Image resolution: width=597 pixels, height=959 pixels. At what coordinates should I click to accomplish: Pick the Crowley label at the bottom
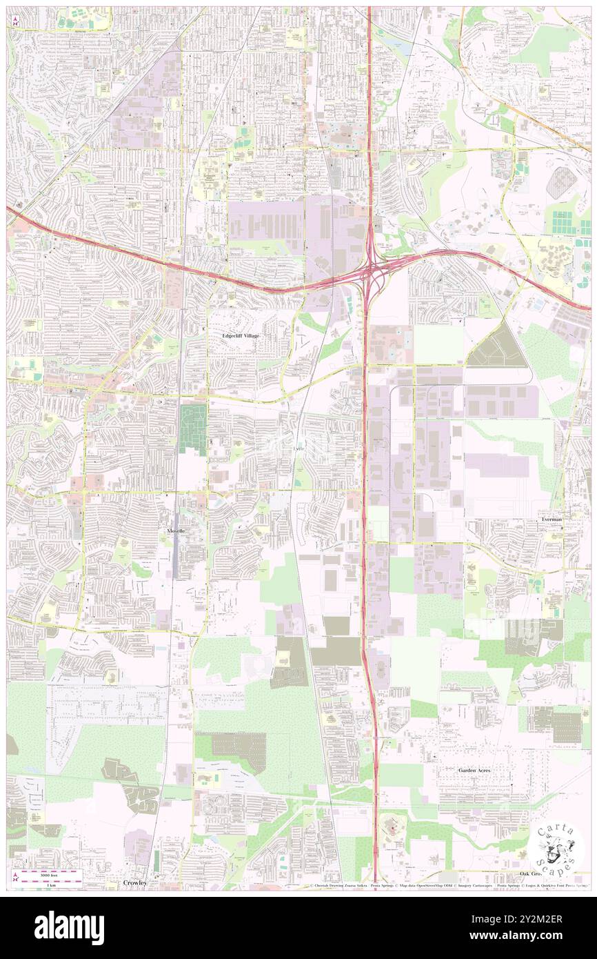136,882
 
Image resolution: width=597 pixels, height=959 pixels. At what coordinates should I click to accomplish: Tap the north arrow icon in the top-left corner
14,19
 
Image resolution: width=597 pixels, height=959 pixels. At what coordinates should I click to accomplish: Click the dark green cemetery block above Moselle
193,428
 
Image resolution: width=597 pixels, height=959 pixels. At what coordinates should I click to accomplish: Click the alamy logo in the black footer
69,927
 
